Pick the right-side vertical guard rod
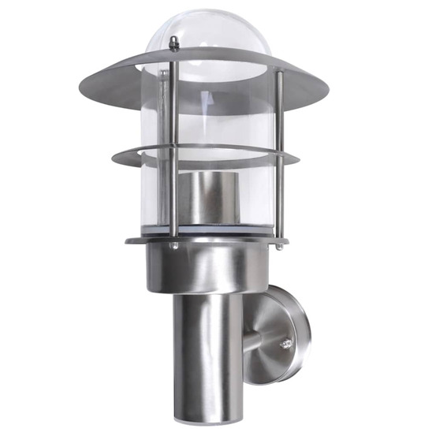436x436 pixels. pyautogui.click(x=278, y=158)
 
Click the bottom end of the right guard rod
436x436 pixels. pyautogui.click(x=279, y=247)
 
